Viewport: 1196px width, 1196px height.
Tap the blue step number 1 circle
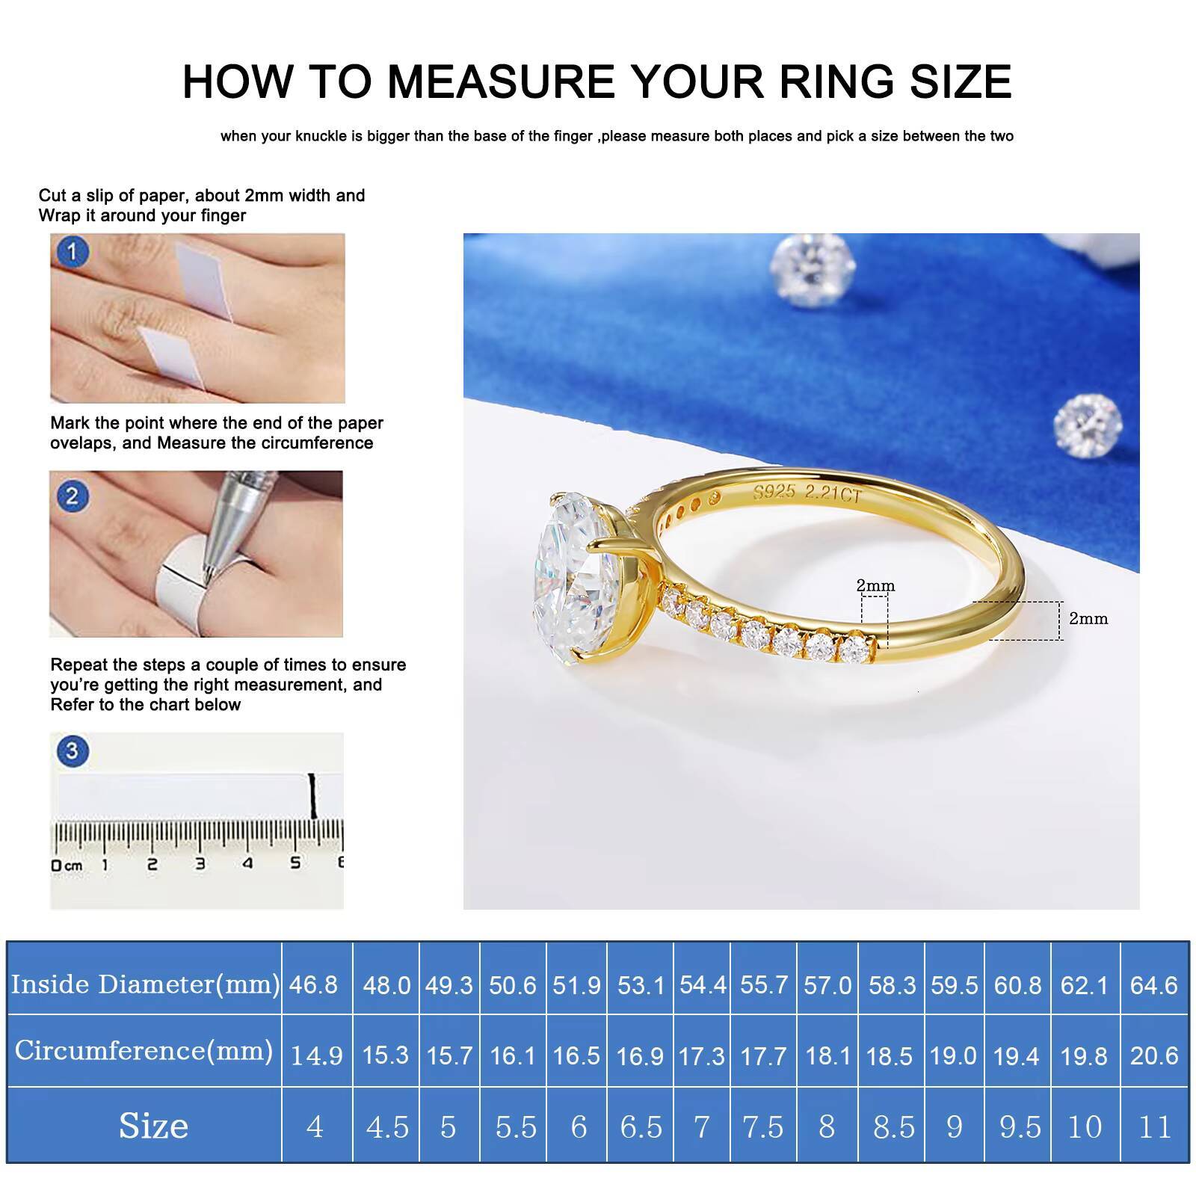pos(72,252)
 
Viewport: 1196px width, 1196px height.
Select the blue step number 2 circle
pos(72,496)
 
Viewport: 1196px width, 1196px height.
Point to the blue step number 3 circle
pos(72,750)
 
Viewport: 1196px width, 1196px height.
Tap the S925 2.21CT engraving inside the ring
pos(807,493)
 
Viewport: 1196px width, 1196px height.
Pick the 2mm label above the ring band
pos(875,585)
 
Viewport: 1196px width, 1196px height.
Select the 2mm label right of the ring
pos(1088,618)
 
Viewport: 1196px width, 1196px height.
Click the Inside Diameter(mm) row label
pos(145,984)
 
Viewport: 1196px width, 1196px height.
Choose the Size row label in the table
pos(153,1125)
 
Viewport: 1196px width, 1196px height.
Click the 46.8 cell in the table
pos(313,984)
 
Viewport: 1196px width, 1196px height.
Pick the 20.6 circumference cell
pos(1154,1055)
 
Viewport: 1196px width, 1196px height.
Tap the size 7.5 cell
pos(762,1126)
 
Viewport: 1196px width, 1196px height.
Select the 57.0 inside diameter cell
pos(827,984)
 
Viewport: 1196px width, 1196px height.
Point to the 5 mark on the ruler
pos(295,863)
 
